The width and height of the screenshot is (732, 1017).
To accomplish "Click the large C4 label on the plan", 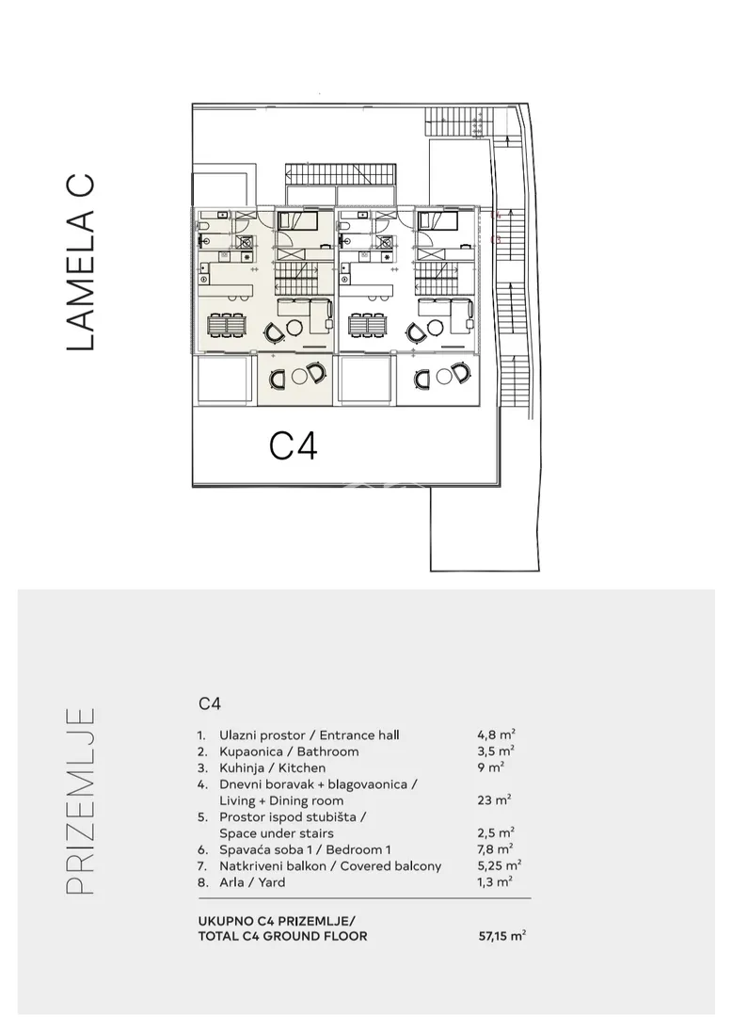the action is pyautogui.click(x=293, y=446).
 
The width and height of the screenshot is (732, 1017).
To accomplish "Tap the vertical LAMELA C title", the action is pyautogui.click(x=81, y=262).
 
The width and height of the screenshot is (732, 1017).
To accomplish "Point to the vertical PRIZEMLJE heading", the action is pyautogui.click(x=81, y=801).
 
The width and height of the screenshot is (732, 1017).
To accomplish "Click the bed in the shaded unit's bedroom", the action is pyautogui.click(x=295, y=221).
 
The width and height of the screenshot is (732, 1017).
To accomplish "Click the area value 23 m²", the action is pyautogui.click(x=494, y=800).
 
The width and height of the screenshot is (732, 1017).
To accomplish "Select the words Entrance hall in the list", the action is pyautogui.click(x=359, y=735).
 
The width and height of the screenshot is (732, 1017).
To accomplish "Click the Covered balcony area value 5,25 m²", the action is pyautogui.click(x=500, y=866).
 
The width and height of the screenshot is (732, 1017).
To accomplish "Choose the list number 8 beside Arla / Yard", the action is pyautogui.click(x=202, y=882).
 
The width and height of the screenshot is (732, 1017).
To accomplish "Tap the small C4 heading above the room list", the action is pyautogui.click(x=210, y=703).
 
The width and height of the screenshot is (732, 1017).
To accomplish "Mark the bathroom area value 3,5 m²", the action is pyautogui.click(x=496, y=751).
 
